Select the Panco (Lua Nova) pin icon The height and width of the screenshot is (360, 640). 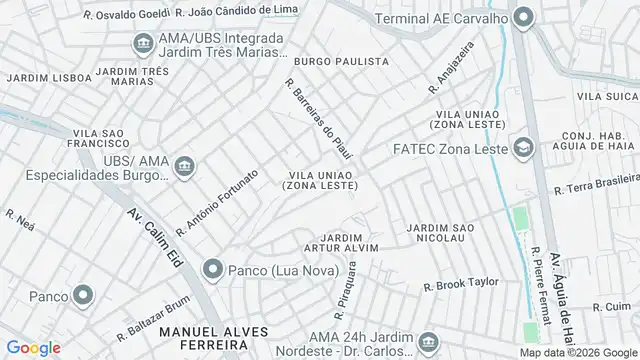[211, 269]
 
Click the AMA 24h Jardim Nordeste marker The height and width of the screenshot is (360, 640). [428, 341]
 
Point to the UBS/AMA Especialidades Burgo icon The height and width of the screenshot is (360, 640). [183, 166]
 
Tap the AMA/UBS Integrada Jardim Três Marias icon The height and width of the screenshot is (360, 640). [142, 45]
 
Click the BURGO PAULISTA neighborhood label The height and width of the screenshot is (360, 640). [341, 62]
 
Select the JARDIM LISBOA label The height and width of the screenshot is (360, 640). [38, 77]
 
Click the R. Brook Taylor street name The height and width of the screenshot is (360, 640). [460, 283]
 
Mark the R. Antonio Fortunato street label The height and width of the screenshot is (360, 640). [217, 202]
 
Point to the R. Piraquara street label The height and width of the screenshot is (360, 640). [346, 285]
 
